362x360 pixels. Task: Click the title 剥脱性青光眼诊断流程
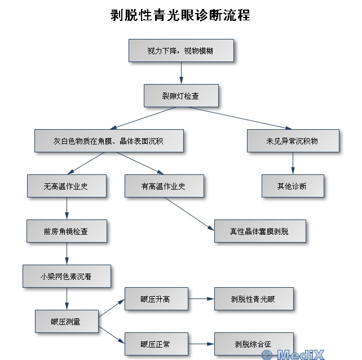point(180,15)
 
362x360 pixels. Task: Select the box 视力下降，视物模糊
point(180,50)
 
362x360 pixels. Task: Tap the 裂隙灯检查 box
point(180,95)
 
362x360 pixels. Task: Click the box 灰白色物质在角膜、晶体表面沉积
point(109,141)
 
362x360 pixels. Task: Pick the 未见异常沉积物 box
point(293,141)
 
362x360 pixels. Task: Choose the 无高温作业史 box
point(67,186)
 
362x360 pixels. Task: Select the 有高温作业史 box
point(164,186)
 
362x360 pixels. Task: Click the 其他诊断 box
point(293,186)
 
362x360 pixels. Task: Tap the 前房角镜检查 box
point(67,231)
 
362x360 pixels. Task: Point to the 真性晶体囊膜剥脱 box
point(259,231)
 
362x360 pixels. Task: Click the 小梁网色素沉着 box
point(67,276)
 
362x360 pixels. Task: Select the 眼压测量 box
point(67,321)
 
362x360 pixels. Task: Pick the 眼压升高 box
point(156,298)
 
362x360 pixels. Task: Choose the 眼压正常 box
point(156,343)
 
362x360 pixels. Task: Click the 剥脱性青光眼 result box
point(254,298)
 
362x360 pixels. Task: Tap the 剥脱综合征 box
point(254,343)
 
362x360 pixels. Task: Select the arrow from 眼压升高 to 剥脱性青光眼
point(201,298)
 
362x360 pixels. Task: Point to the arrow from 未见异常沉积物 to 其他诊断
point(293,163)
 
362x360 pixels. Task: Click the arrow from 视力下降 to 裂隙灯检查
point(181,73)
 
